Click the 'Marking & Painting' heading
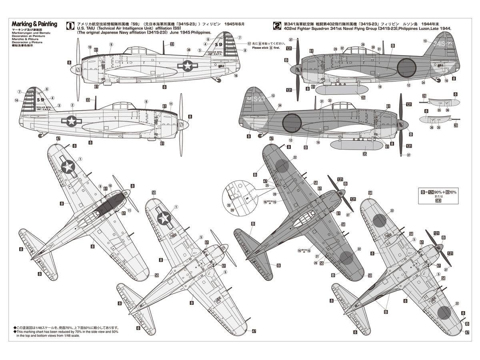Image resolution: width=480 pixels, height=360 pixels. [34, 24]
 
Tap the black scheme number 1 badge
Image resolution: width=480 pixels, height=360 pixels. [70, 25]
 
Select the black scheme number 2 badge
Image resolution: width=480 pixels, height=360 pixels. [276, 25]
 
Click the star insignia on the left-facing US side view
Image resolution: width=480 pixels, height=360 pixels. [188, 66]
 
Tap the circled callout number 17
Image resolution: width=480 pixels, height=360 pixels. [249, 44]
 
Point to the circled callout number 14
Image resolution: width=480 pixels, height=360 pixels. [16, 100]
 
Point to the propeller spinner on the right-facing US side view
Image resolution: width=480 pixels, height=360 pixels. [185, 124]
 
